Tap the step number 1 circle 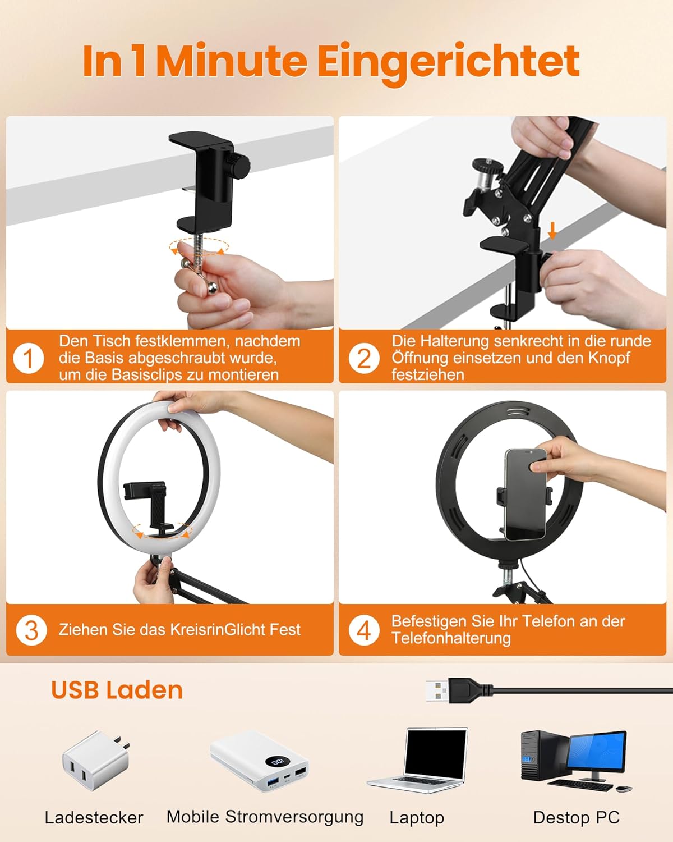click(x=28, y=358)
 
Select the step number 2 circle click(x=363, y=358)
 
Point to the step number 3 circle click(x=31, y=630)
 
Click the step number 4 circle click(x=363, y=630)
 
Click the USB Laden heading click(x=117, y=690)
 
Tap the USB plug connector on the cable click(x=458, y=690)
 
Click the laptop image click(x=418, y=761)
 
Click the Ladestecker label click(x=94, y=818)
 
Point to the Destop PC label click(x=577, y=818)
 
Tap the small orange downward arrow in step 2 click(x=552, y=231)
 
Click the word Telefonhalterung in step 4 click(x=451, y=639)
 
